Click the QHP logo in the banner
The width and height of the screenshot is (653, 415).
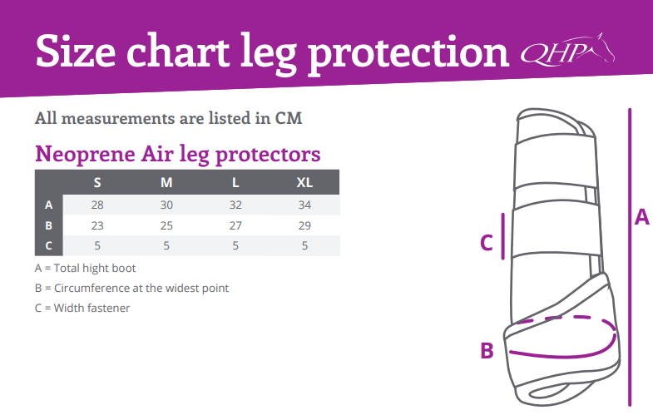pos(567,51)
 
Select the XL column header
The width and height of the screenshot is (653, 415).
pos(304,182)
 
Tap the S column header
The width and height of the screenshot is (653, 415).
pos(97,182)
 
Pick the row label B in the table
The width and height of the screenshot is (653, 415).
pos(49,225)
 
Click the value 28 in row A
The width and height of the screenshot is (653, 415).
pos(97,205)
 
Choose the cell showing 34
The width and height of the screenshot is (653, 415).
pos(304,205)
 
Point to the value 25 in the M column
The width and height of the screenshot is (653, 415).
pos(166,225)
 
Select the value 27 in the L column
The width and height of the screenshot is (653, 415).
pos(235,225)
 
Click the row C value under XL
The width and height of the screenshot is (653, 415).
pos(304,245)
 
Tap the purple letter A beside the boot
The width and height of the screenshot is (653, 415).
pos(641,217)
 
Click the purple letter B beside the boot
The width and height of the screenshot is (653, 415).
pos(487,350)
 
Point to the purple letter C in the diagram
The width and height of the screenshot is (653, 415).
pos(487,243)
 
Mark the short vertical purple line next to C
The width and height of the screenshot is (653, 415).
pos(503,236)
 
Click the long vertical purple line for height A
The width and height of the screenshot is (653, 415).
pos(630,257)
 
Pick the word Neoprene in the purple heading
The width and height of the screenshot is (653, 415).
pos(86,154)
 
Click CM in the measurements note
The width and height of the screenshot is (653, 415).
pos(288,118)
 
